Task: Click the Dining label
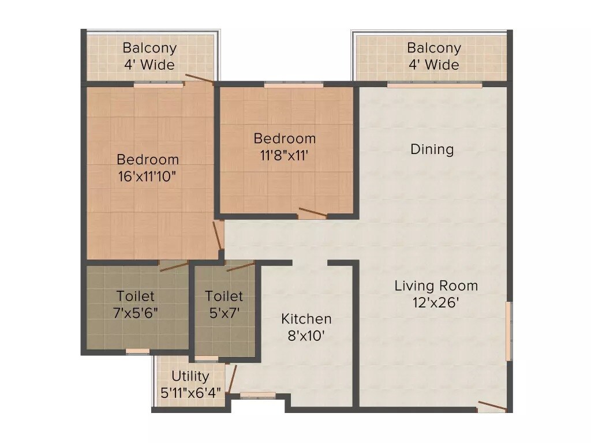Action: pos(432,149)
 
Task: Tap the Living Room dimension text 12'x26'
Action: pos(436,302)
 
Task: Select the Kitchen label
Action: pos(306,319)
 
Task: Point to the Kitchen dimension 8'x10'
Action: pos(306,335)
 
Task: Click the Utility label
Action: pos(190,377)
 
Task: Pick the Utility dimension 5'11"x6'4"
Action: pos(190,392)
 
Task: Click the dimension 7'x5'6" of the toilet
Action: pos(136,312)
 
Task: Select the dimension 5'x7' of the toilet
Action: pos(224,312)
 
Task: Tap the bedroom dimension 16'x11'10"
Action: pos(147,175)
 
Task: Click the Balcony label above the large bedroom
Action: pos(149,48)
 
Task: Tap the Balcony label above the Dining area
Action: pos(434,48)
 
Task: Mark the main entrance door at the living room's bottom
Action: pos(492,407)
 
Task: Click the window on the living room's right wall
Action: pos(508,331)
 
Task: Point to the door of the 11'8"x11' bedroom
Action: pos(312,213)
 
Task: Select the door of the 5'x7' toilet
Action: pos(241,266)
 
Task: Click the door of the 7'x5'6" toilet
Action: pos(174,266)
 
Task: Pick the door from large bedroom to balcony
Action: pos(199,80)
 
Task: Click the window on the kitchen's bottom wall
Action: pos(250,396)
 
